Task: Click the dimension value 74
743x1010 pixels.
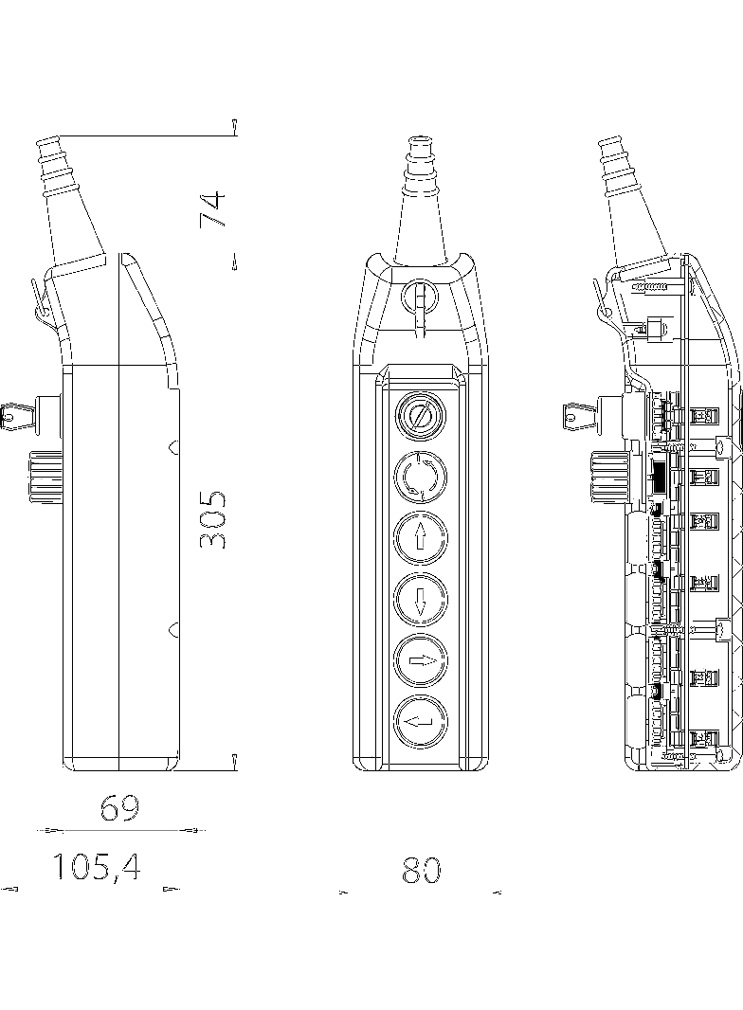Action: pyautogui.click(x=213, y=208)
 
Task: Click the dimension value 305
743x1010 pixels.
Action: pyautogui.click(x=213, y=520)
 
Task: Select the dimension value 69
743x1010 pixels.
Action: pyautogui.click(x=119, y=808)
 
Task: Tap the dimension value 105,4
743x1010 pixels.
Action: pyautogui.click(x=96, y=866)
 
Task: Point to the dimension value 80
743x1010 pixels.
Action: pyautogui.click(x=421, y=870)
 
